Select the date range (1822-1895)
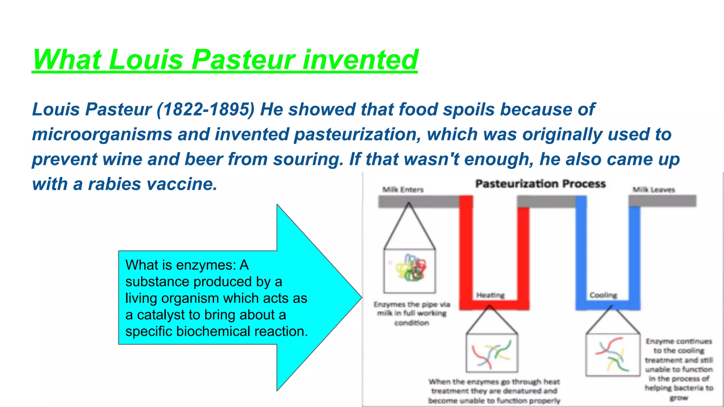click(x=205, y=109)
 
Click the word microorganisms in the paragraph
click(x=102, y=134)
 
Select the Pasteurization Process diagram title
click(x=540, y=184)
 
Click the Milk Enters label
click(x=403, y=190)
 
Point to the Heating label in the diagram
click(x=490, y=295)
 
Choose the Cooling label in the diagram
click(x=603, y=295)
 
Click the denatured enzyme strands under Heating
click(x=492, y=353)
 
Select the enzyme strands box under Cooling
click(x=612, y=355)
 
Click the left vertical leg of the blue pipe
click(x=581, y=251)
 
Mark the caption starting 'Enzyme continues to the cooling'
click(x=679, y=369)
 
